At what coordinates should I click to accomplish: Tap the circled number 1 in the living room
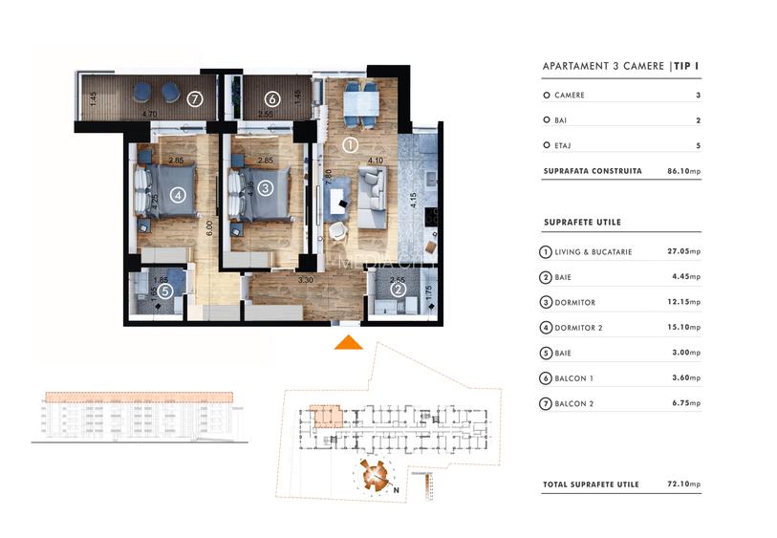350,146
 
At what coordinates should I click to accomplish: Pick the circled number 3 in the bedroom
265,187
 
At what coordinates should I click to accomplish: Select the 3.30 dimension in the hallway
307,281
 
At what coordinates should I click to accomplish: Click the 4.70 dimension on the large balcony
150,115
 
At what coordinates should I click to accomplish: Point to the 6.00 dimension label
208,228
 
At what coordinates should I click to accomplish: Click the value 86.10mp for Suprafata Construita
683,172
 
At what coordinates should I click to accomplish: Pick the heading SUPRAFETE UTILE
581,223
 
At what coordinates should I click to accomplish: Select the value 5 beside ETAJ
699,146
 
